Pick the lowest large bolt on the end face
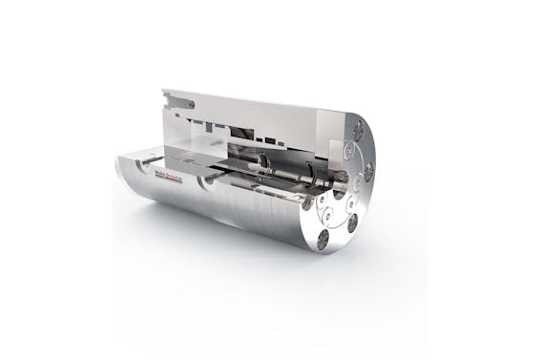324,240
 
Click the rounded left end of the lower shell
119,178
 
